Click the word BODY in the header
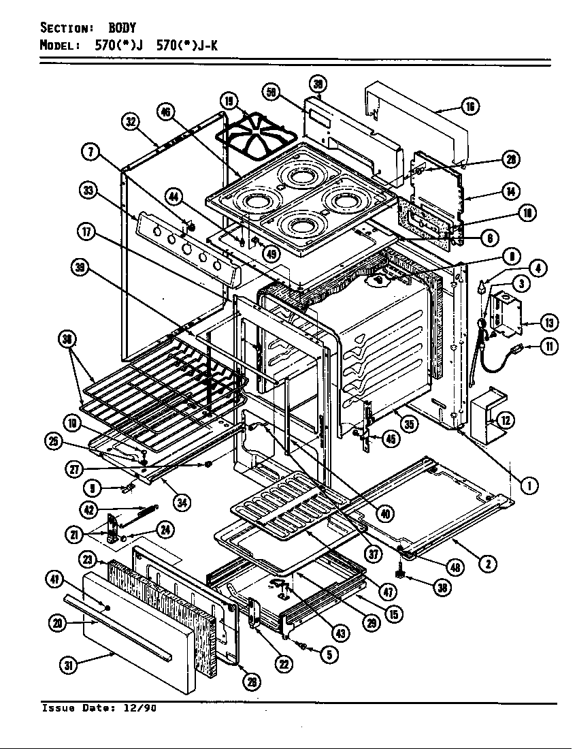coord(122,28)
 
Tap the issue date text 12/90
coord(144,708)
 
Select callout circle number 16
coord(470,106)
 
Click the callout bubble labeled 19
coord(229,102)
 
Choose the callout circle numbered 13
coord(546,321)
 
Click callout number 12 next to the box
coord(506,420)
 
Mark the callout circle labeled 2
coord(487,563)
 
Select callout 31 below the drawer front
coord(68,666)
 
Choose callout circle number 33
coord(88,191)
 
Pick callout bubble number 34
coord(180,503)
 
